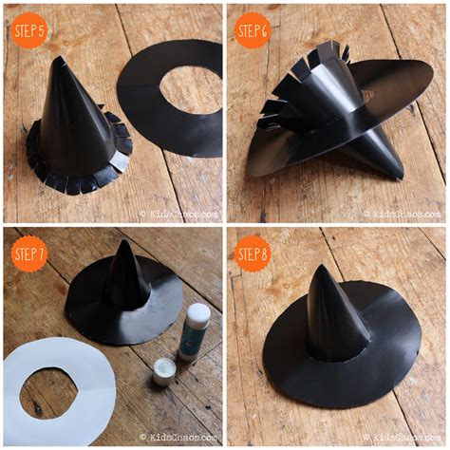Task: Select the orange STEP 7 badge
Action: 30,253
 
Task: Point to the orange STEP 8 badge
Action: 253,253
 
